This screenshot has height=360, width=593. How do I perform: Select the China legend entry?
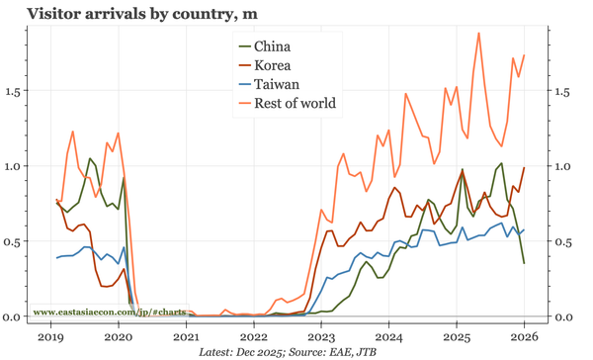(272, 46)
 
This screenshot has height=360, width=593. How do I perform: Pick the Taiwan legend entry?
(276, 84)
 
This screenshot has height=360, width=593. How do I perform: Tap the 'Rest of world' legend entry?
(295, 103)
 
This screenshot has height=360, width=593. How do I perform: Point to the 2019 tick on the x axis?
(51, 335)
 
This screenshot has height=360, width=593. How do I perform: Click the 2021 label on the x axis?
(186, 335)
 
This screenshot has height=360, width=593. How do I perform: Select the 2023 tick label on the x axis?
(321, 335)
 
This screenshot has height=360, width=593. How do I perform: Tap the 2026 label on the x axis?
(524, 335)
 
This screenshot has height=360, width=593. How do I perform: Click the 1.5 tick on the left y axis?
(13, 91)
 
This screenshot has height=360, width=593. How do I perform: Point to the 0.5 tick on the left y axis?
(13, 241)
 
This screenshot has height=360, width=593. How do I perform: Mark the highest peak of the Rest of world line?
(479, 33)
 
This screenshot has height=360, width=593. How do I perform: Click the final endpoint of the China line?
(524, 263)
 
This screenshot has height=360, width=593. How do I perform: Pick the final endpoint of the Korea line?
(524, 168)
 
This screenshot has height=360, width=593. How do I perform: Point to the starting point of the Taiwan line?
(57, 257)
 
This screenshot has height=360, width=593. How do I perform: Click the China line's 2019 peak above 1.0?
(90, 158)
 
